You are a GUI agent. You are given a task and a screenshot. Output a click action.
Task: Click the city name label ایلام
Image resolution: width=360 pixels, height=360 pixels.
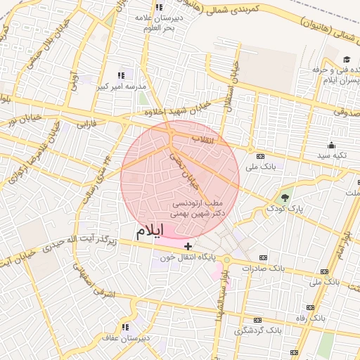tap(151, 231)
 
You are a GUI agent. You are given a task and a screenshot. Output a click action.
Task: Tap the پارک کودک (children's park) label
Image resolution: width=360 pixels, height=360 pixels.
tap(285, 210)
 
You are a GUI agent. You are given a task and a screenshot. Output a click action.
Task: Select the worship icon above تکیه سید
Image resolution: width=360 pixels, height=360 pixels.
tap(332, 144)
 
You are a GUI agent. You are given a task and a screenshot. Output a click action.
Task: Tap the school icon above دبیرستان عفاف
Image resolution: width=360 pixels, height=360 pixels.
tap(125, 327)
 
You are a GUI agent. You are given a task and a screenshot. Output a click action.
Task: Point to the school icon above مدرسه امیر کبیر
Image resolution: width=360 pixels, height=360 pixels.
tap(121, 75)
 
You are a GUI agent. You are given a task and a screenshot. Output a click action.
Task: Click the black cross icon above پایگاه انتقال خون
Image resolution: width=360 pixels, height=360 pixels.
tap(188, 245)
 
